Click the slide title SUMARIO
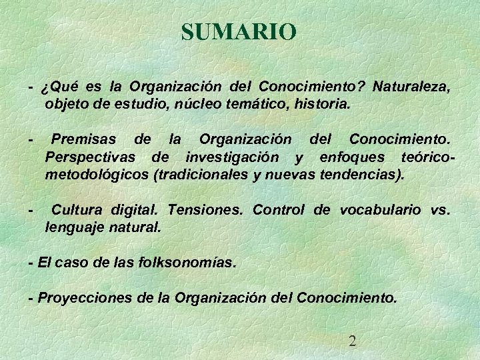(x=238, y=32)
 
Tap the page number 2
(x=353, y=341)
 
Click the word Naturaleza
(x=412, y=87)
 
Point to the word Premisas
(x=83, y=139)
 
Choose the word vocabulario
(x=380, y=209)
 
